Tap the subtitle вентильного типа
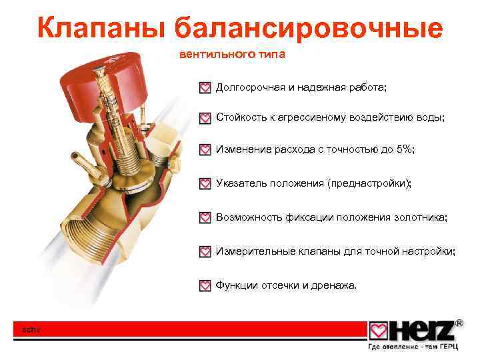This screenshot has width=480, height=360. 232,55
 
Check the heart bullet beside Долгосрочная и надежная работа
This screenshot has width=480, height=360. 205,88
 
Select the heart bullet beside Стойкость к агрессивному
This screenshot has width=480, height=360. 205,118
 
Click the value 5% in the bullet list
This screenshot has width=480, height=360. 403,149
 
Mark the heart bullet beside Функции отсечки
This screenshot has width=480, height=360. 205,286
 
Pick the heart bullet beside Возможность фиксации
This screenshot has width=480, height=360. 205,217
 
